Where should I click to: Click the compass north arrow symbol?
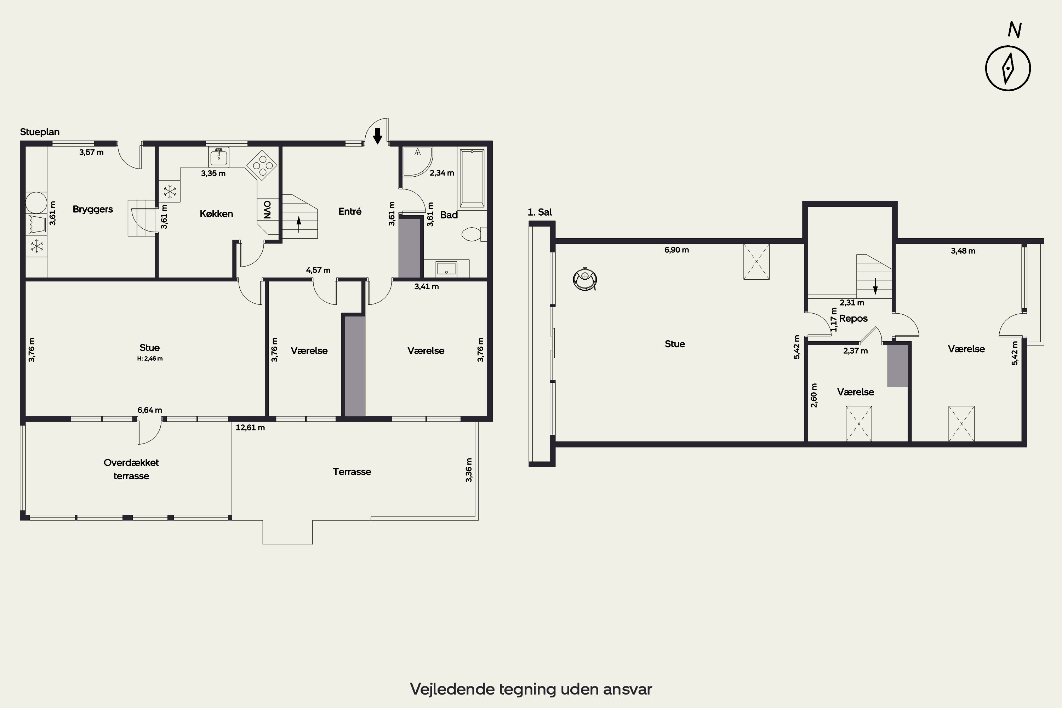(x=1007, y=68)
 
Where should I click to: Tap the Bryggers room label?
(x=92, y=210)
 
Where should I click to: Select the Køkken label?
(x=216, y=213)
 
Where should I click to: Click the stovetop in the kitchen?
(x=262, y=165)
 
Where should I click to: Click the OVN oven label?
(x=267, y=210)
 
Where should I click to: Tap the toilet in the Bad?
(x=474, y=234)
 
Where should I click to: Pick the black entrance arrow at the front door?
(x=377, y=136)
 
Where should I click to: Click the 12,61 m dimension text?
(x=250, y=427)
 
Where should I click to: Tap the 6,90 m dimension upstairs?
(x=676, y=250)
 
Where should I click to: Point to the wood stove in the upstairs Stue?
(x=585, y=279)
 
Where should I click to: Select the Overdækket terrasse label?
(x=131, y=469)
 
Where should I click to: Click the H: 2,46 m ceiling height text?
(x=150, y=359)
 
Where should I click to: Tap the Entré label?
(x=350, y=211)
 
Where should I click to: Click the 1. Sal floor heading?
(x=539, y=212)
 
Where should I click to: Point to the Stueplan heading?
(x=40, y=132)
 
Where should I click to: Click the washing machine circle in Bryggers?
(x=36, y=203)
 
